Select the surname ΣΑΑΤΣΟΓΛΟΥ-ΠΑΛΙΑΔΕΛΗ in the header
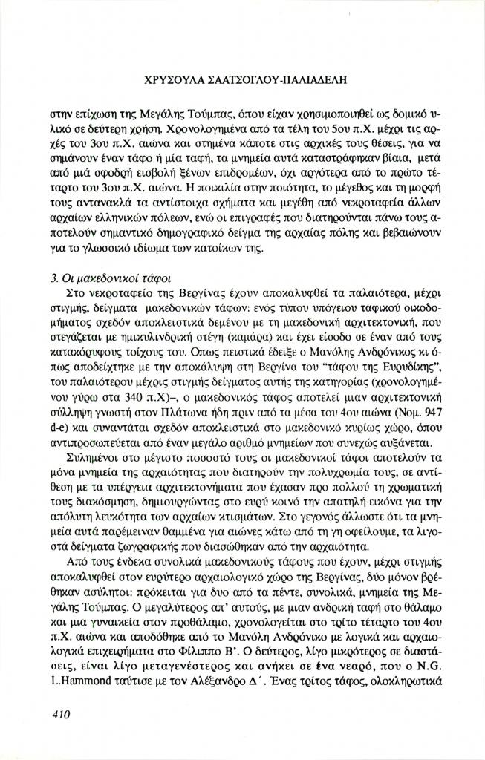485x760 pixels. (280, 76)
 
